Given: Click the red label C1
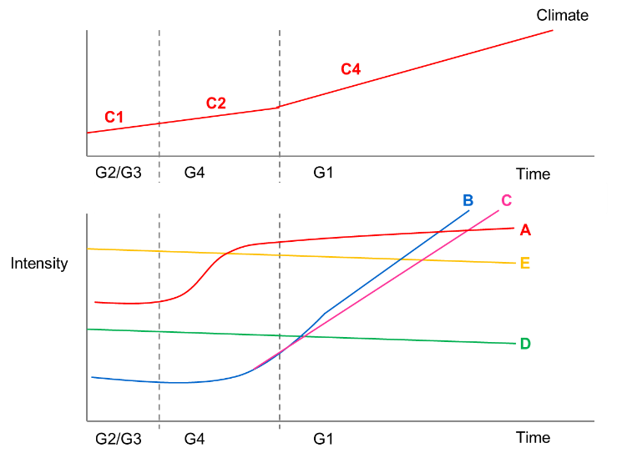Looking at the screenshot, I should (x=114, y=118).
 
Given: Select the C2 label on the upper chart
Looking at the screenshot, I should (x=216, y=103).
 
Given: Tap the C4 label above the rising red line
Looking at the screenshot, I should (x=351, y=69).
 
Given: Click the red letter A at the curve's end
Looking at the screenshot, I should (x=525, y=230).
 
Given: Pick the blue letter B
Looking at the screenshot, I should (x=468, y=200).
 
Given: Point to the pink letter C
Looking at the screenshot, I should (x=506, y=200).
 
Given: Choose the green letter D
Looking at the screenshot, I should (x=525, y=344).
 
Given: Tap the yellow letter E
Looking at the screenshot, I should (x=525, y=264).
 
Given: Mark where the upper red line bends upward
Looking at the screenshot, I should (x=280, y=107).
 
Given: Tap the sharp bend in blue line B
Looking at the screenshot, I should (x=324, y=315).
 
